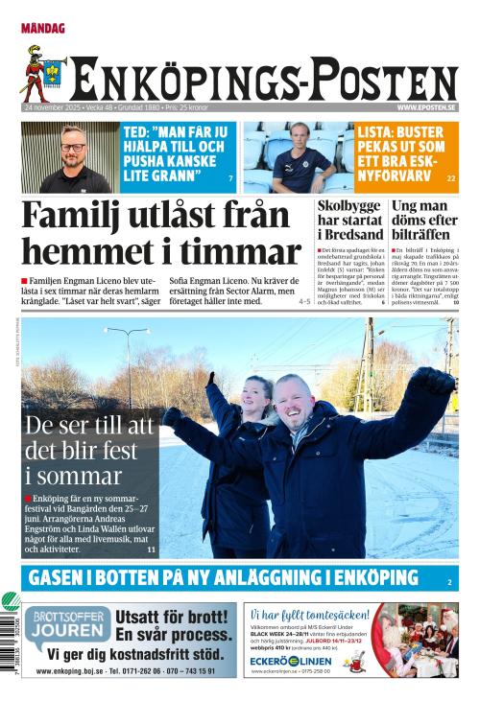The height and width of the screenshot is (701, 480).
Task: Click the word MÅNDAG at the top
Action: pos(43,29)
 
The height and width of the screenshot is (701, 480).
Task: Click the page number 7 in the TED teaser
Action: pos(230,179)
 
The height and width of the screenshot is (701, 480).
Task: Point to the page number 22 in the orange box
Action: pos(451,179)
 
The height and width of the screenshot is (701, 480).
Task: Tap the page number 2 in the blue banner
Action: pos(449,582)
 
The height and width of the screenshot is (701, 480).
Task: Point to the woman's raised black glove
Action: pos(210,380)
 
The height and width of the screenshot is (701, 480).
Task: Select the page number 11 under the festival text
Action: pos(151,549)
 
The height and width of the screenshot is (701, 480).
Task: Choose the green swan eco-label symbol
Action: pos(10,603)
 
